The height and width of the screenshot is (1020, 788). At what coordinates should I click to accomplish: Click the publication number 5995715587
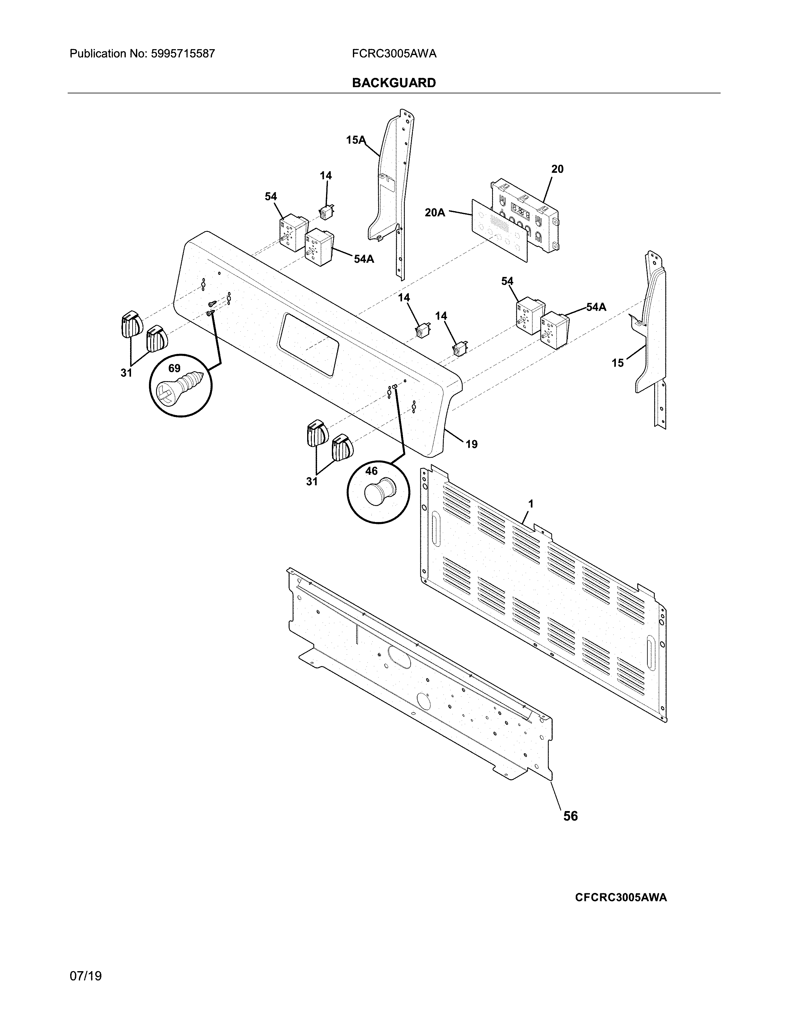tap(183, 54)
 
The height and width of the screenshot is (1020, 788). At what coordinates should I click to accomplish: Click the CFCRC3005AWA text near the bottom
tap(621, 897)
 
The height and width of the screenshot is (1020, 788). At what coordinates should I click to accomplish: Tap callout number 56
tap(570, 816)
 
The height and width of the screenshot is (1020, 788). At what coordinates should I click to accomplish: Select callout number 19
tap(472, 444)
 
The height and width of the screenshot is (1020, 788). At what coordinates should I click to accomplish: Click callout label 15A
tap(355, 140)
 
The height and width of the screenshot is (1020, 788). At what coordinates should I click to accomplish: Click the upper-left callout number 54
tap(271, 197)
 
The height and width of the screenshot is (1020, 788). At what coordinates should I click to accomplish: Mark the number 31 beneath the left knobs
tap(126, 373)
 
